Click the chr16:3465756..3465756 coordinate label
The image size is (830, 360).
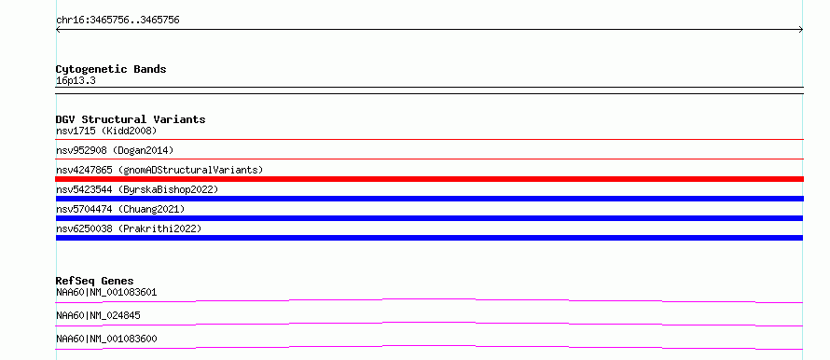(118, 21)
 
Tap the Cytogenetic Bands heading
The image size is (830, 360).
(111, 69)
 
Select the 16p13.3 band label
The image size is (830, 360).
(76, 81)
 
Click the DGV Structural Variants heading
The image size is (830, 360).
(131, 119)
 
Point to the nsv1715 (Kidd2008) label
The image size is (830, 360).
(106, 131)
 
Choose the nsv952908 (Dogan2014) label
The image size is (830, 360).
(115, 150)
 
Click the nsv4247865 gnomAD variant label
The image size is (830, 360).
(159, 170)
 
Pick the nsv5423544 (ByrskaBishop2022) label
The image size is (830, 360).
(137, 189)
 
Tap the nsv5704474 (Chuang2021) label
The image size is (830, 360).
(120, 209)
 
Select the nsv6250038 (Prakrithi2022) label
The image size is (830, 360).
(129, 228)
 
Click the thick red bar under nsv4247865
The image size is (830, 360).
(429, 179)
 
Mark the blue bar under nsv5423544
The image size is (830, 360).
(429, 199)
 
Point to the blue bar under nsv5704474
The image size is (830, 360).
(429, 218)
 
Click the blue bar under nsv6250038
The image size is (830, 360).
(429, 238)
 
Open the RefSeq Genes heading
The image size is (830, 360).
(95, 281)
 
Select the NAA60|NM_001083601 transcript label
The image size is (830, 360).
(106, 292)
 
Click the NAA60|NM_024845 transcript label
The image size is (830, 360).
(99, 315)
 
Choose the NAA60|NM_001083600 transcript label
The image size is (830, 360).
(106, 339)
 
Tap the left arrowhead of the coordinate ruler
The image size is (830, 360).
(57, 30)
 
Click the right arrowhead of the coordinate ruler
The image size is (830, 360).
(802, 30)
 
